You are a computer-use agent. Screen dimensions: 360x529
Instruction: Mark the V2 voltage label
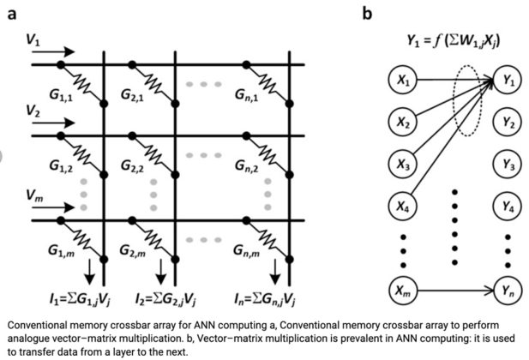point(33,112)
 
